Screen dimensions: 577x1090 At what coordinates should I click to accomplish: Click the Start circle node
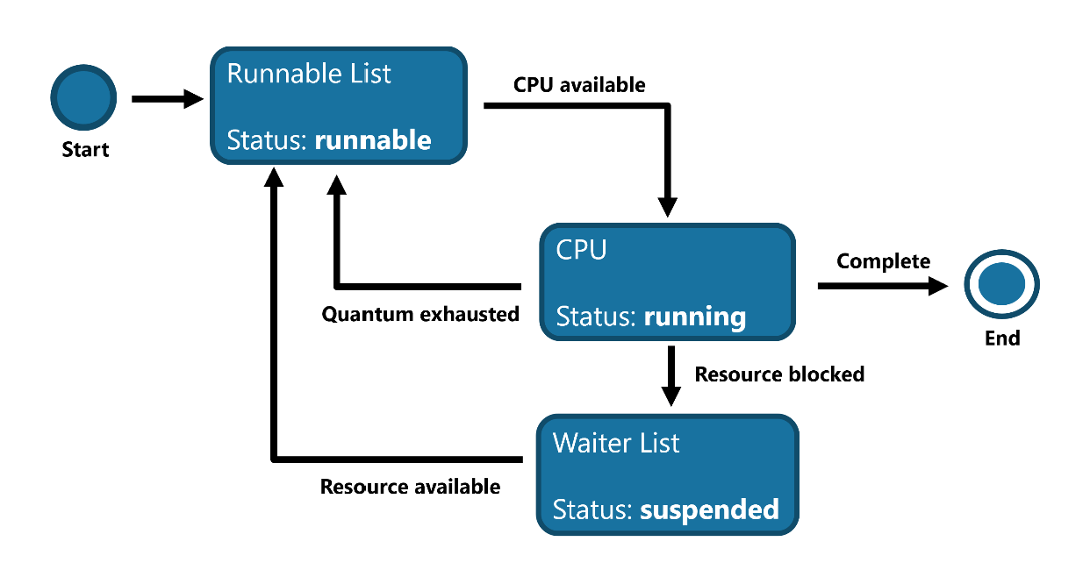tap(83, 99)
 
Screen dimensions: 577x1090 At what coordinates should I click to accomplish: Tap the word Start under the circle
tap(85, 150)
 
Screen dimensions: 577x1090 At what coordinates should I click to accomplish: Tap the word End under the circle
tap(1002, 338)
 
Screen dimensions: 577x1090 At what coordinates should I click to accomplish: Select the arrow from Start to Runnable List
tap(167, 99)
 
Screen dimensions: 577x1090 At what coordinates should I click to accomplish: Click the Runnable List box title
tap(309, 74)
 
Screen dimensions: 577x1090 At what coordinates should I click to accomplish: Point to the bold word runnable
tap(373, 140)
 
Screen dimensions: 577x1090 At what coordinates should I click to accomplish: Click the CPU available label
tap(579, 85)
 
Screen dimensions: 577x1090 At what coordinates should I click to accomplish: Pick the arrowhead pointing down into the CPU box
tap(669, 207)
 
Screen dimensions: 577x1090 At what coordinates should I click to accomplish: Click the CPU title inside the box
tap(581, 250)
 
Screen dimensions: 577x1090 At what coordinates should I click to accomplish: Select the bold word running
tap(694, 317)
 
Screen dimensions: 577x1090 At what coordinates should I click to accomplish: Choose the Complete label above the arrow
tap(883, 261)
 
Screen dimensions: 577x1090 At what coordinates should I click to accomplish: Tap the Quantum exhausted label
tap(420, 314)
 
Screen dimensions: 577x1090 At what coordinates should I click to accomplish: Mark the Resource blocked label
tap(779, 374)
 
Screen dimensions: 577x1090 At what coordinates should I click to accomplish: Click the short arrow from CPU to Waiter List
tap(670, 375)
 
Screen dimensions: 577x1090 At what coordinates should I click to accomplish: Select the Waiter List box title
tap(616, 443)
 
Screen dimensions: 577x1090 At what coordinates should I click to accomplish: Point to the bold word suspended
tap(709, 509)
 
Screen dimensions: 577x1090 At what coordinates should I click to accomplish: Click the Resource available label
tap(410, 487)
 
